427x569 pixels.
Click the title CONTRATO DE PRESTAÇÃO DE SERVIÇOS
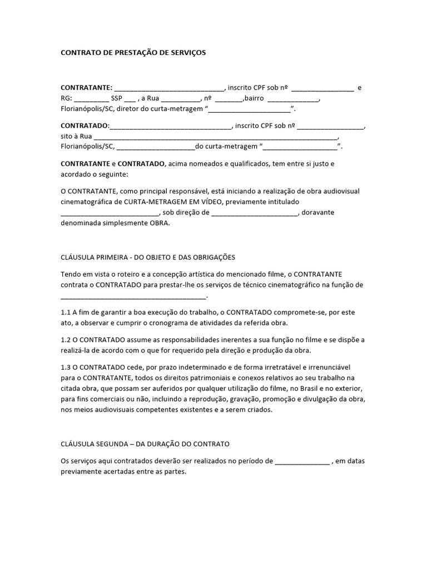pos(133,53)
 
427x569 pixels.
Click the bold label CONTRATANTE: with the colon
pos(86,88)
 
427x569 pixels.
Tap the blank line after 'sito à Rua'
pos(216,137)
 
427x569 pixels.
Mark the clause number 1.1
pos(66,312)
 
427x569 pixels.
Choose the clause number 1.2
pos(66,340)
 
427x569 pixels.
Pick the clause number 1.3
pos(66,367)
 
